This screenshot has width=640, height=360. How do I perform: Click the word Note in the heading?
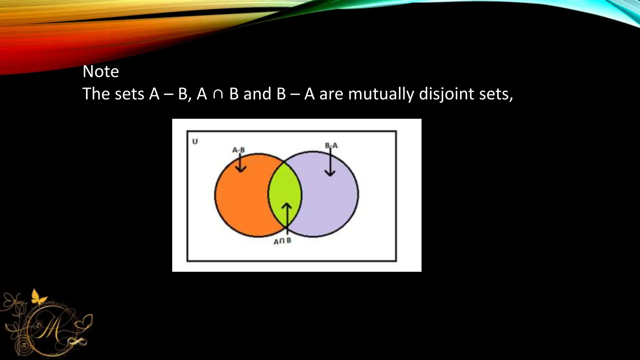[x=101, y=72]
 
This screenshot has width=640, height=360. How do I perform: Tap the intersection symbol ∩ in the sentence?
[x=218, y=94]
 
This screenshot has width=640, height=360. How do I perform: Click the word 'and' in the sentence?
[x=257, y=94]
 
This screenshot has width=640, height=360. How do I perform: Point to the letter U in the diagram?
[x=195, y=142]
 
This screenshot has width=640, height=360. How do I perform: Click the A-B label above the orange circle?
[x=238, y=150]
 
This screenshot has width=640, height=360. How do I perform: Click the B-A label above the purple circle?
[x=331, y=145]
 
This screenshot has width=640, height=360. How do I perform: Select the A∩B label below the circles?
[x=282, y=241]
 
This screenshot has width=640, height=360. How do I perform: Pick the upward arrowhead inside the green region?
[x=287, y=206]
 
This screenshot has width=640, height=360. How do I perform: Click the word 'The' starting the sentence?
[x=96, y=94]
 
